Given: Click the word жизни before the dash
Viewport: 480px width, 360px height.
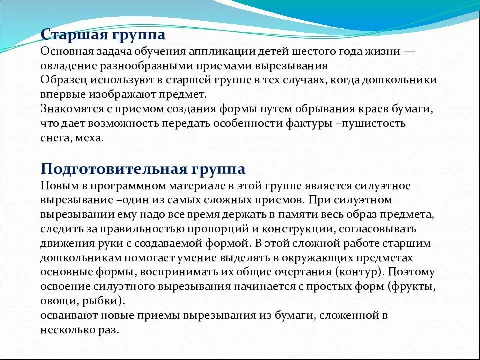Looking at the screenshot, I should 388,52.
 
